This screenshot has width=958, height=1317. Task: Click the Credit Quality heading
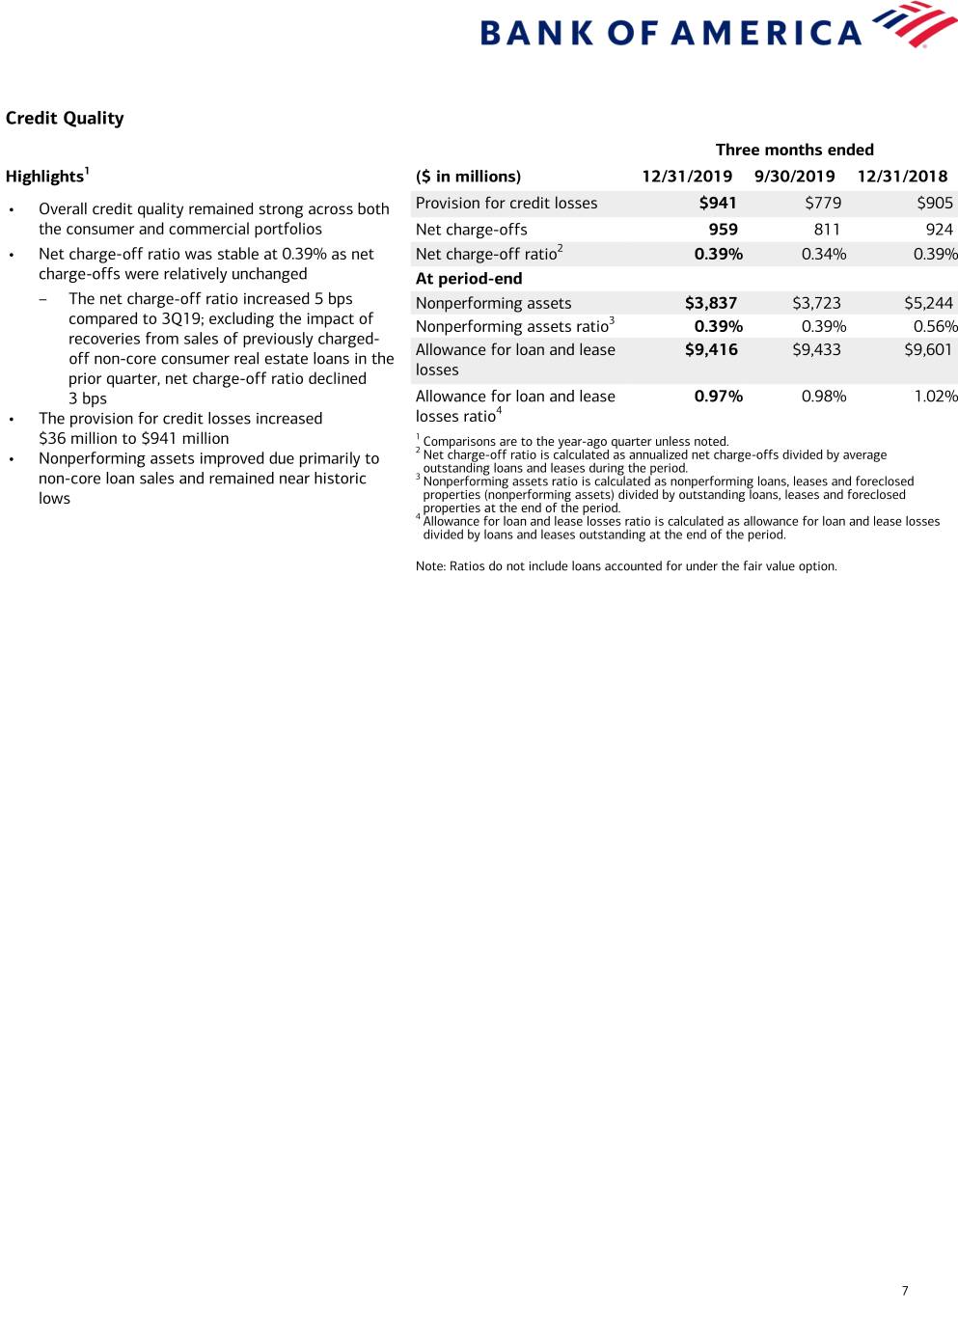[x=65, y=118]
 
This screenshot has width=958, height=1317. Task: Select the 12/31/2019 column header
[x=687, y=177]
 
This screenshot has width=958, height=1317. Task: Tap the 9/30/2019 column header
[x=794, y=177]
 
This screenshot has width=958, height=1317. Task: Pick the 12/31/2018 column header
[x=902, y=177]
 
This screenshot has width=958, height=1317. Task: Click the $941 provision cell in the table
[x=718, y=203]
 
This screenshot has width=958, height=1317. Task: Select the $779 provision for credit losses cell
[x=823, y=203]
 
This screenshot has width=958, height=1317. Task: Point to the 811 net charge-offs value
[x=827, y=230]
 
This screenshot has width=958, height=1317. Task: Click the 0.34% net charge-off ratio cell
[x=824, y=255]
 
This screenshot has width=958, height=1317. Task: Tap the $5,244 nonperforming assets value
[x=928, y=303]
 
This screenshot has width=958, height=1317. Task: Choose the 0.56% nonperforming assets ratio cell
[x=935, y=327]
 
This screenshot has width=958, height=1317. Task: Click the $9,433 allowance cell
[x=816, y=350]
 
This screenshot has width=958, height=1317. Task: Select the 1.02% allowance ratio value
[x=936, y=397]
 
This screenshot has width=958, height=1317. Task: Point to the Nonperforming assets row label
[x=493, y=303]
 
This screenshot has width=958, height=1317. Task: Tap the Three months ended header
[x=794, y=150]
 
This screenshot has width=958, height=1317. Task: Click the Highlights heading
[x=45, y=177]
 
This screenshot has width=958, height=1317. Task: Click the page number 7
[x=905, y=1291]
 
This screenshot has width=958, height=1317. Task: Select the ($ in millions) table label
[x=468, y=177]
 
